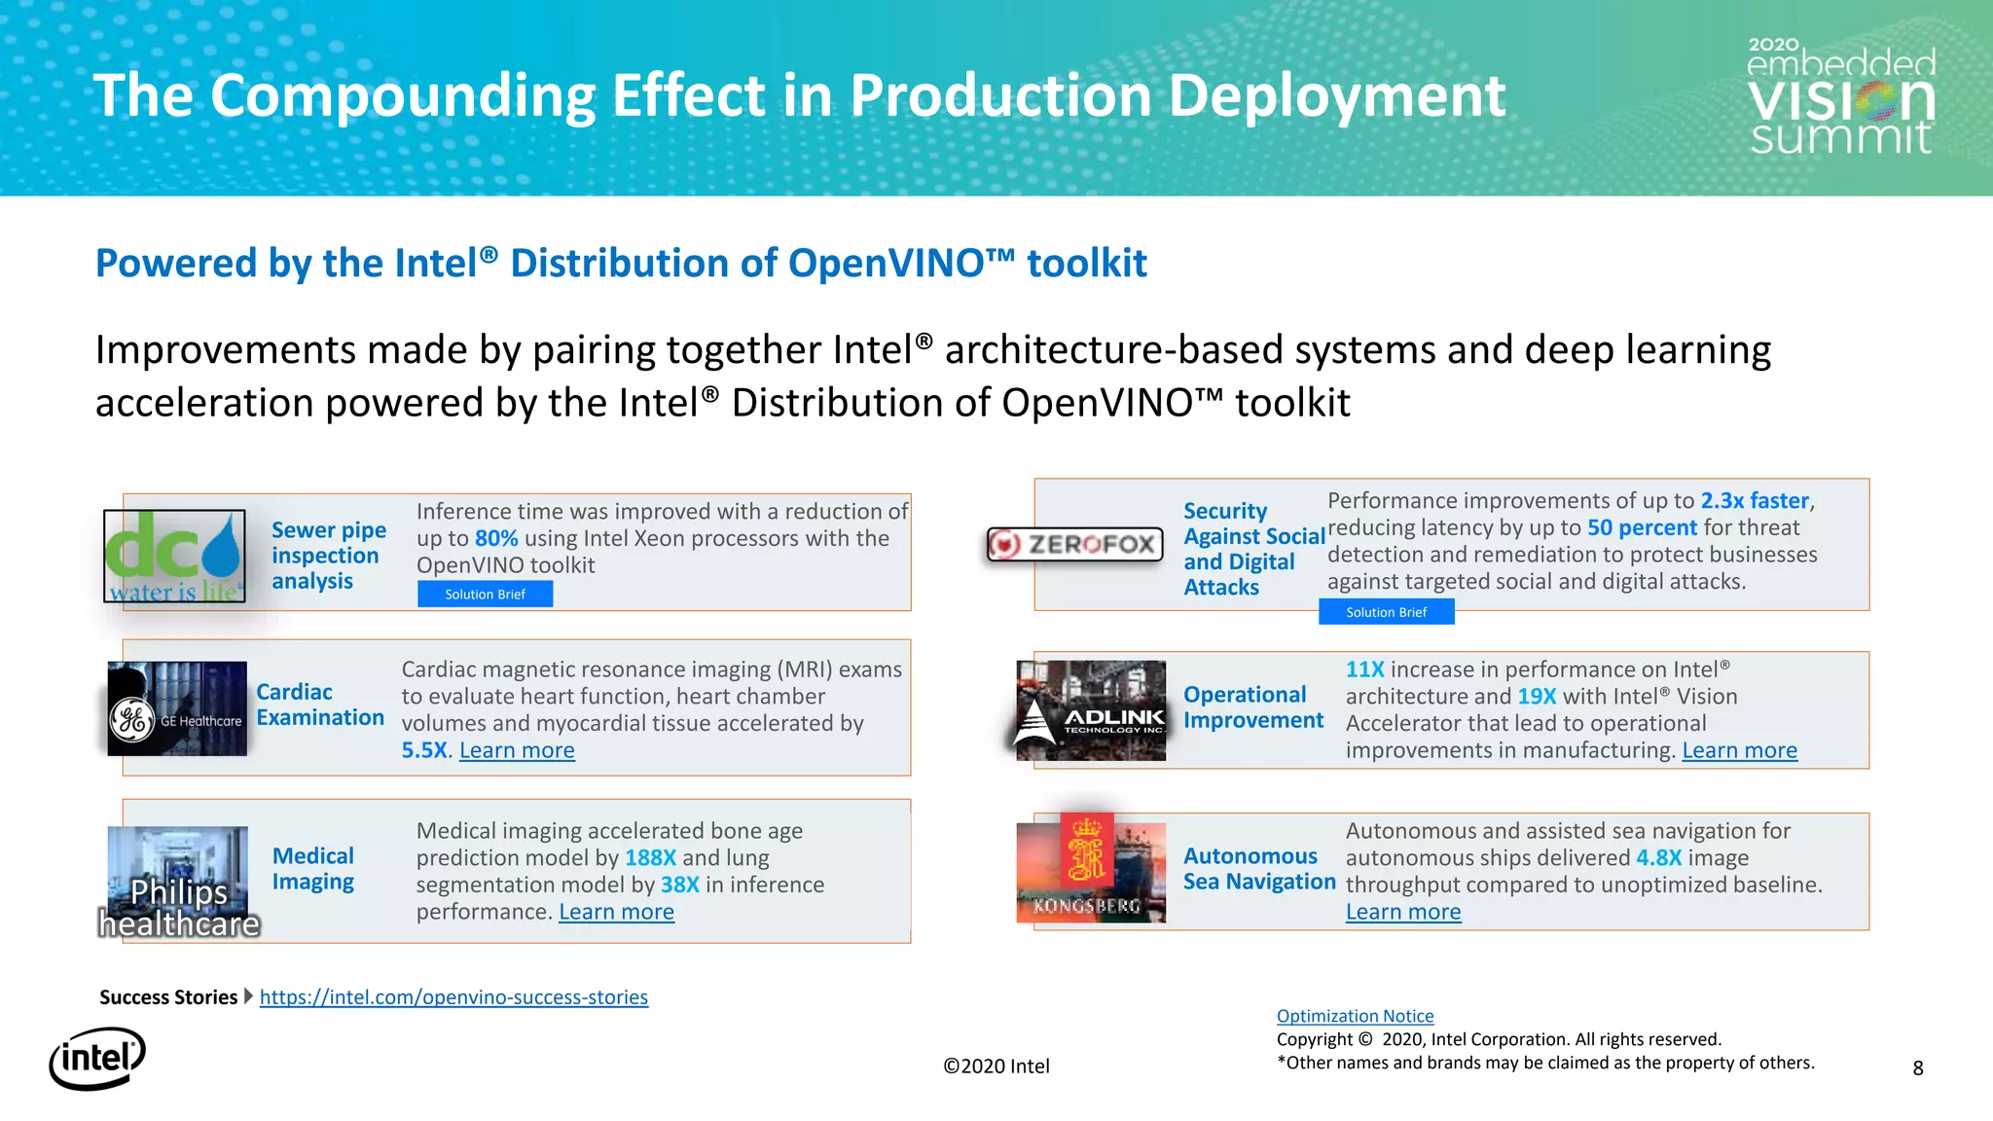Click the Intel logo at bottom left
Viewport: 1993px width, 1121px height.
[97, 1059]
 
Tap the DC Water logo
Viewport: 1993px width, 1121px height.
[174, 556]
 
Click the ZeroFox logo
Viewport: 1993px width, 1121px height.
[1074, 544]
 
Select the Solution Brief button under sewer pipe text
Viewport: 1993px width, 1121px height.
[485, 594]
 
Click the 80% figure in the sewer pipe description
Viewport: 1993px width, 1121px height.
[495, 538]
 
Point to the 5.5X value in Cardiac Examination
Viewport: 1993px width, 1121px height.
[425, 750]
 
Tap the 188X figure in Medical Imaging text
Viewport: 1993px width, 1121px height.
[650, 857]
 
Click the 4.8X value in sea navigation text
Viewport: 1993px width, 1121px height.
[1658, 857]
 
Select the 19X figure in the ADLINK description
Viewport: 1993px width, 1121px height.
[1536, 697]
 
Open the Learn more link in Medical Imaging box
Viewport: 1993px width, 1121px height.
[616, 912]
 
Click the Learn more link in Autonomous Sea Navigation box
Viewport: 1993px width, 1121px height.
[1402, 912]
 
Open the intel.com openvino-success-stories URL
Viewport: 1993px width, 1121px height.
[453, 997]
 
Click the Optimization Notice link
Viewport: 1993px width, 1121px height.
[1355, 1016]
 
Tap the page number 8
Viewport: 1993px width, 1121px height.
[1917, 1068]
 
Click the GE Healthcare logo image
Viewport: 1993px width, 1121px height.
[177, 708]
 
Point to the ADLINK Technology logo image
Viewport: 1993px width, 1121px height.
[1091, 710]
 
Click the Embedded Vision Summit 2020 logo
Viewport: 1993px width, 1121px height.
[1840, 97]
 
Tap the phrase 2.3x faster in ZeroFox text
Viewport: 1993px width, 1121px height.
[1754, 500]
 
